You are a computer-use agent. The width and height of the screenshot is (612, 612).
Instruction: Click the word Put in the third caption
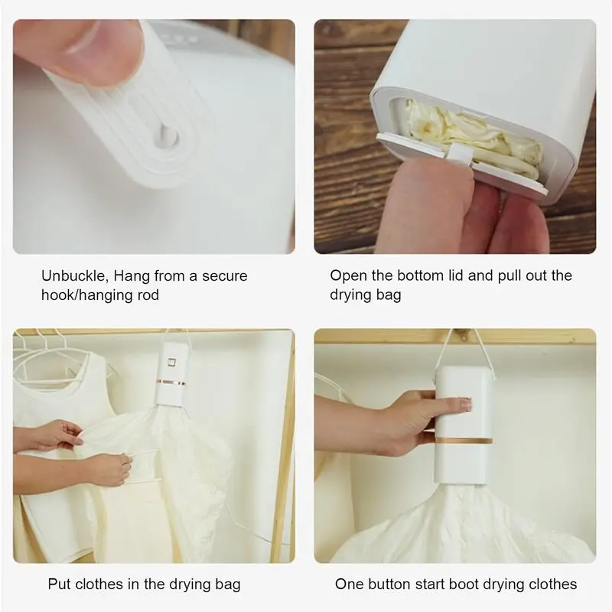(60, 584)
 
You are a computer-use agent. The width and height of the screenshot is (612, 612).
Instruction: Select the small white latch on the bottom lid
(461, 153)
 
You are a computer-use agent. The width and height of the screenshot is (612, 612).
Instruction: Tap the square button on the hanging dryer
(171, 362)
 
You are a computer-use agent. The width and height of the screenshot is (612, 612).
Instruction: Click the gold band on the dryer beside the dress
(171, 382)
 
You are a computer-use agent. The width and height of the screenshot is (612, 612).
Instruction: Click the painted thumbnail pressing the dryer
(466, 404)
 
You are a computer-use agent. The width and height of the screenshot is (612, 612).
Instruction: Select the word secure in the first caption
(225, 276)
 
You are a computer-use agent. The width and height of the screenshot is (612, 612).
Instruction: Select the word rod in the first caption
(148, 295)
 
